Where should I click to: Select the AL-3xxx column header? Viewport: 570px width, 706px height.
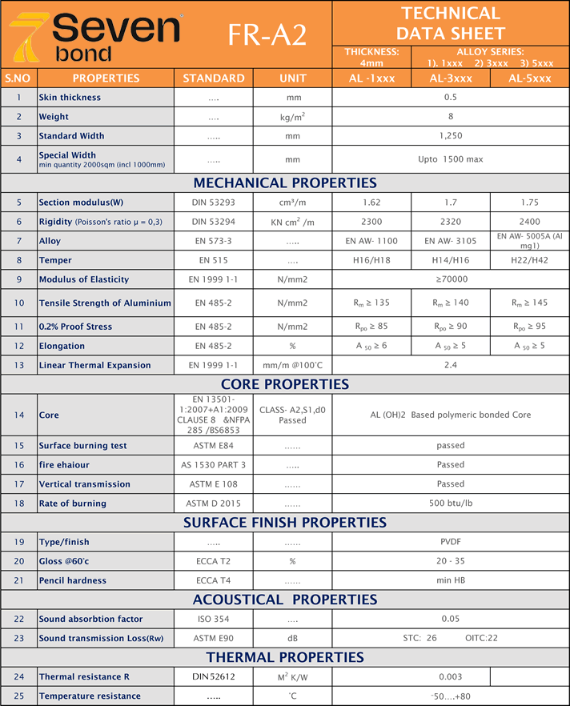click(x=451, y=78)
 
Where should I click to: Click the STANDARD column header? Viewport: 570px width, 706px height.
click(x=214, y=78)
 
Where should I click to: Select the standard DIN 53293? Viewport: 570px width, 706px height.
click(x=214, y=202)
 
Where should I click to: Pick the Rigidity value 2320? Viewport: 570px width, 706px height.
click(x=451, y=222)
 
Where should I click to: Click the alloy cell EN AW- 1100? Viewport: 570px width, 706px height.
click(x=371, y=240)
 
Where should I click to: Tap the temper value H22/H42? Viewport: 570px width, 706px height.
click(x=529, y=259)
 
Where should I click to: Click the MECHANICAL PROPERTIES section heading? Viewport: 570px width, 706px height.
click(x=285, y=183)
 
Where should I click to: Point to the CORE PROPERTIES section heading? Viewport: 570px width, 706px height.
click(x=285, y=384)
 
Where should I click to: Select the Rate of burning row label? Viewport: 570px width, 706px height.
click(x=73, y=503)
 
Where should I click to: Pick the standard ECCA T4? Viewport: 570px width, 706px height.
click(x=214, y=580)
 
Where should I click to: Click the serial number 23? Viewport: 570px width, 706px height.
click(x=18, y=638)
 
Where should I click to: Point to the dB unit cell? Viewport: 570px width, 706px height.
click(x=292, y=638)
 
